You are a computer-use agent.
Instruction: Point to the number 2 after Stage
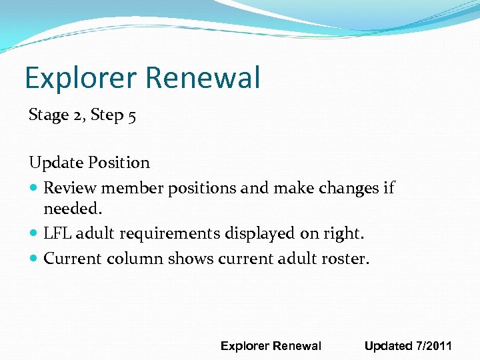tap(77, 115)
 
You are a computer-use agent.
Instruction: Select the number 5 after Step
tap(132, 115)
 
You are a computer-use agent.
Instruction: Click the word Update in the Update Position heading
tap(54, 163)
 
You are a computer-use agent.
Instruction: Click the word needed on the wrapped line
tap(71, 209)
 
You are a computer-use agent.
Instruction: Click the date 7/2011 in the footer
tap(434, 346)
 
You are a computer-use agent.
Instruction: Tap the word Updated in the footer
tap(388, 346)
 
